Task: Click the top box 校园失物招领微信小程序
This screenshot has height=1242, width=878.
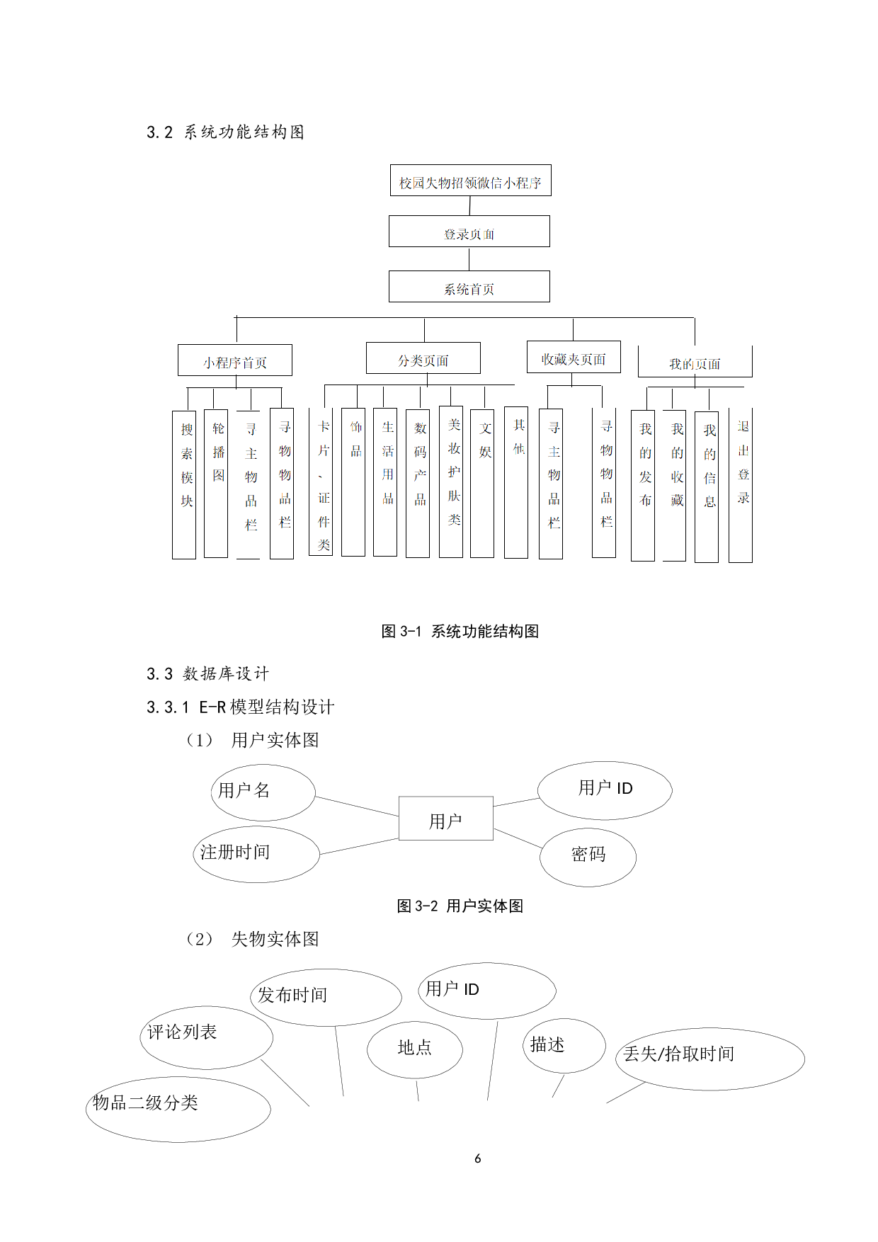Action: (x=470, y=181)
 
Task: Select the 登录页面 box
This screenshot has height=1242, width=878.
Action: (x=469, y=232)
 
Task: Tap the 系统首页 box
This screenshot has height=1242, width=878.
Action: (x=469, y=287)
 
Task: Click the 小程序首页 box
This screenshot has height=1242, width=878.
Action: (x=234, y=360)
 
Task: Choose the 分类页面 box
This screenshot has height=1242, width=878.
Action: (x=423, y=358)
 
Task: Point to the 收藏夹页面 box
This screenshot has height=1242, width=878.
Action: (x=574, y=357)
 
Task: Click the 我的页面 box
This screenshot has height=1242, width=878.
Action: (x=695, y=362)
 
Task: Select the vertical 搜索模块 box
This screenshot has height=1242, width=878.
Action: (x=184, y=485)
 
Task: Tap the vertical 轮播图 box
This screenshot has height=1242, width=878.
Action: (x=216, y=484)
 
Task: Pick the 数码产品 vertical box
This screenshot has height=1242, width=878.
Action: (x=418, y=484)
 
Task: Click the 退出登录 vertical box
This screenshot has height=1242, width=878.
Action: (x=741, y=485)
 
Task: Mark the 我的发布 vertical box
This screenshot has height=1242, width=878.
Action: (x=643, y=486)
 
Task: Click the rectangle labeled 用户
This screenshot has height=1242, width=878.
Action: (x=445, y=819)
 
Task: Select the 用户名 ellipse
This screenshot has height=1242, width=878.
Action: (x=263, y=792)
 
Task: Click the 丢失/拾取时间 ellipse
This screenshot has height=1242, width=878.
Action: (x=709, y=1059)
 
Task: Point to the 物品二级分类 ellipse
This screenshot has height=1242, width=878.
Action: (x=178, y=1109)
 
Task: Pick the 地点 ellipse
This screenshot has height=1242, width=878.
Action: (x=414, y=1049)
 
